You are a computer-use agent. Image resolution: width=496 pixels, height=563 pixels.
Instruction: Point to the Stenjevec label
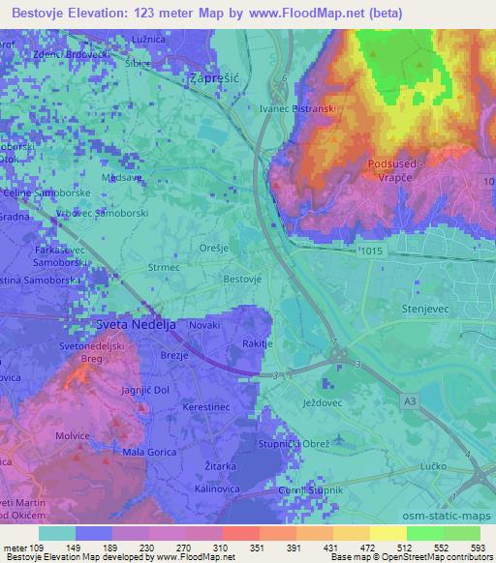422,309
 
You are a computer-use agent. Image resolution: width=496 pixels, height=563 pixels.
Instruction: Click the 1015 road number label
370,251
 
